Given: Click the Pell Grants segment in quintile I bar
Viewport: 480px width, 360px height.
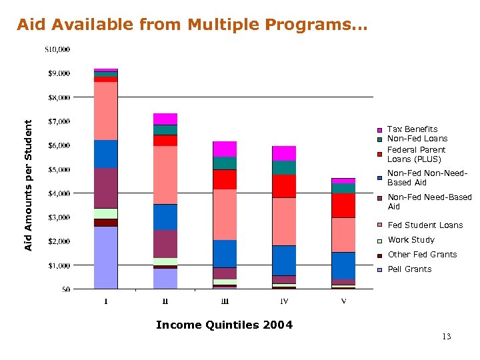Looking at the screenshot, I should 106,257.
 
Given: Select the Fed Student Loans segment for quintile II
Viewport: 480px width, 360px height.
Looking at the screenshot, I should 165,175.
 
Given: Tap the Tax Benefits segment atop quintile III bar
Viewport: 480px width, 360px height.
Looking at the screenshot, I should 225,149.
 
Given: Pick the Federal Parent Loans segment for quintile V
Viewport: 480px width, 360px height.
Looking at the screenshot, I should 344,205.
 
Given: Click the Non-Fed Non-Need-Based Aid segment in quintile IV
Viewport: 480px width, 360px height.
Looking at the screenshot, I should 285,260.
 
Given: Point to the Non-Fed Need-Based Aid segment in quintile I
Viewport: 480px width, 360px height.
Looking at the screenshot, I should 106,188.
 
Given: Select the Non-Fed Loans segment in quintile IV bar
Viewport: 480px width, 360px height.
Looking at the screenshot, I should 285,167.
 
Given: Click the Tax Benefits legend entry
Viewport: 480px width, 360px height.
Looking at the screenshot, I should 412,129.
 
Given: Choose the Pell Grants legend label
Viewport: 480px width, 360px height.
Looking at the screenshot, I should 409,269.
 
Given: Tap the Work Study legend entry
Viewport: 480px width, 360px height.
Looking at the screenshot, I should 411,240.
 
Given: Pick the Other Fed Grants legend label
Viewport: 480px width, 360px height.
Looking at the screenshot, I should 413,255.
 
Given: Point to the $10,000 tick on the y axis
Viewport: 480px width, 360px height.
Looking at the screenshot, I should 58,49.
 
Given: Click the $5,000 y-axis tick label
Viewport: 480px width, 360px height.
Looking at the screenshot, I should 58,169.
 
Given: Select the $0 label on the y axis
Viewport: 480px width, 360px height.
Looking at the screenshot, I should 65,289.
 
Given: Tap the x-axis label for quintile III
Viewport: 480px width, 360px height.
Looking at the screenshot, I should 225,301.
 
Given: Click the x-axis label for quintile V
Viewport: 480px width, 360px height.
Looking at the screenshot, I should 344,301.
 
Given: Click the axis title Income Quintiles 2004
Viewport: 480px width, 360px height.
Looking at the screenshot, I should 224,325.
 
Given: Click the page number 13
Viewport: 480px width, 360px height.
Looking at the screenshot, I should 446,337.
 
